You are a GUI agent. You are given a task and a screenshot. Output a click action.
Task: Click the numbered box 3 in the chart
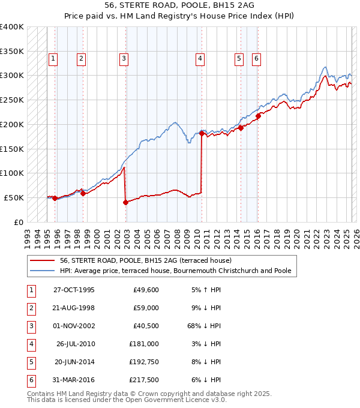(x=123, y=59)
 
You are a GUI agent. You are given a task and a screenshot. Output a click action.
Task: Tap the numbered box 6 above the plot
(x=256, y=59)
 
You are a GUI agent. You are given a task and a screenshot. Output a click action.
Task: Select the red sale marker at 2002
(x=125, y=202)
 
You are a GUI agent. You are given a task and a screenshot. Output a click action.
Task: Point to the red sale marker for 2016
(x=258, y=116)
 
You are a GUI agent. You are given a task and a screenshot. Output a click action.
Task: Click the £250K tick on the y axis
(x=12, y=100)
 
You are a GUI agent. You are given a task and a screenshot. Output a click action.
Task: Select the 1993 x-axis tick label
(x=28, y=234)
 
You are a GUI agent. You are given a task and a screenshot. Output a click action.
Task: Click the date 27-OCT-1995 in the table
(x=74, y=290)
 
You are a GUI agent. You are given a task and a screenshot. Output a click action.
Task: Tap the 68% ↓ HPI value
(x=203, y=326)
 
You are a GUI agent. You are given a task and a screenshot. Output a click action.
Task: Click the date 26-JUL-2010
(x=74, y=344)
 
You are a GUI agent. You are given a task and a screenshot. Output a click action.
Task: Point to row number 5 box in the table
(x=31, y=361)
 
